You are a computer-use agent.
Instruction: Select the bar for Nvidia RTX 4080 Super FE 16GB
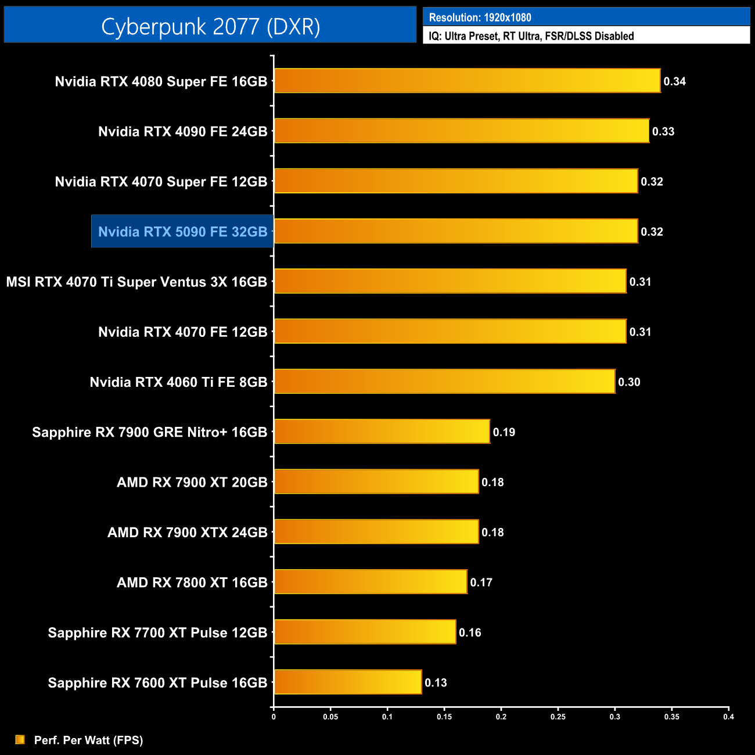point(467,81)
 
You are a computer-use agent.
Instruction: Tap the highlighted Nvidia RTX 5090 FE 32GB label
point(182,232)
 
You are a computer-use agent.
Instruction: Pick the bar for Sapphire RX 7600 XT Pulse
point(348,682)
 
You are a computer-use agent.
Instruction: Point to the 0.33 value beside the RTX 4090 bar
point(663,131)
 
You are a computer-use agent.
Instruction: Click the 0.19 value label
point(504,432)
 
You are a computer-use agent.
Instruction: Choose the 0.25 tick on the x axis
point(558,717)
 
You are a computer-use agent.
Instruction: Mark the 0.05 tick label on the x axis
point(330,717)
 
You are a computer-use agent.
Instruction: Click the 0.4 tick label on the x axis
point(728,717)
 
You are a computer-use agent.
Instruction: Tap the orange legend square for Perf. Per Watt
point(20,739)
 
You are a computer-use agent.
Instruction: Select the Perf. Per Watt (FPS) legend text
point(88,740)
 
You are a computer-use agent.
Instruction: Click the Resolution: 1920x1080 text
point(480,17)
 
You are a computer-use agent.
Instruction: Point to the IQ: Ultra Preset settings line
point(531,36)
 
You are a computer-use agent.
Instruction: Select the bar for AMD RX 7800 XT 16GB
point(371,582)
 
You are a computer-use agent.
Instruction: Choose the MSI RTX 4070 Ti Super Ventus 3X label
point(136,282)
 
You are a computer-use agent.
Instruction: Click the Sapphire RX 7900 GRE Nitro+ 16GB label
point(149,432)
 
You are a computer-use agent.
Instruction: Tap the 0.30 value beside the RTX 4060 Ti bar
point(629,382)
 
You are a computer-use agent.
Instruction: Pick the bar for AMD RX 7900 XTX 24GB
point(376,532)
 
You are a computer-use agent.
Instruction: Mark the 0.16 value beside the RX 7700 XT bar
point(470,632)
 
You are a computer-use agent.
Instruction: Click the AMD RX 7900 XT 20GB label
point(192,482)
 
